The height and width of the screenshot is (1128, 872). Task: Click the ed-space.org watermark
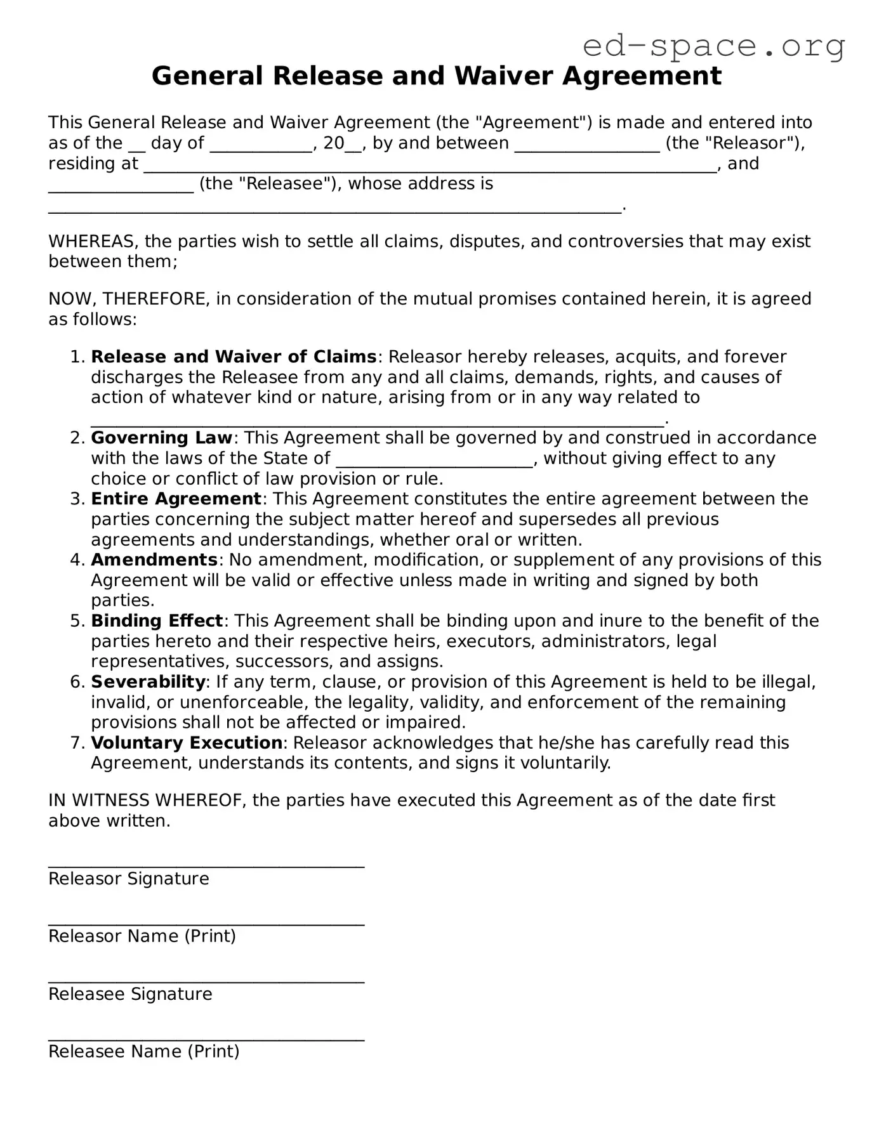point(713,46)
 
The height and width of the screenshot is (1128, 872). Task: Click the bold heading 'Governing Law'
point(162,438)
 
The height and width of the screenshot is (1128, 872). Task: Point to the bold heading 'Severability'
point(149,682)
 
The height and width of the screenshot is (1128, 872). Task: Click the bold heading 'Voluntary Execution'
point(187,743)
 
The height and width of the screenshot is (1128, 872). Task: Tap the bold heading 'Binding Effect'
point(157,620)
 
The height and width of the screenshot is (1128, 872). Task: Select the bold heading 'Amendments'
point(154,560)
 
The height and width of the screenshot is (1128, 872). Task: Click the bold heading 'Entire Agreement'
point(176,499)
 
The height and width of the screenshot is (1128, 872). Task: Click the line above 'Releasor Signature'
point(206,865)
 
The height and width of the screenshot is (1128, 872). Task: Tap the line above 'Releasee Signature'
point(206,981)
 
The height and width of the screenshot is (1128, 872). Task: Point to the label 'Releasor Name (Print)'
point(142,936)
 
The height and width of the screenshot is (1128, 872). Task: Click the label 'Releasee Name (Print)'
point(144,1051)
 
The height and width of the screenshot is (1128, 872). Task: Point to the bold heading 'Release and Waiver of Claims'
point(234,357)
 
